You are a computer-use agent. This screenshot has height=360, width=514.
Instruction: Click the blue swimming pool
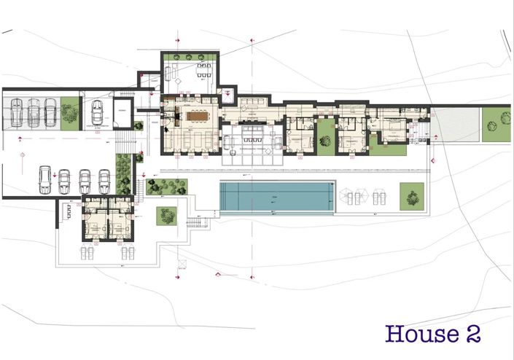(277, 197)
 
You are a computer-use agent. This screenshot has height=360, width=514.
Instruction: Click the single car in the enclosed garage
(96, 114)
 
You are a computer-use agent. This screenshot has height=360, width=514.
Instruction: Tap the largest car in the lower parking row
(45, 179)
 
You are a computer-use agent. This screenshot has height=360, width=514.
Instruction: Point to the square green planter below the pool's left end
(168, 215)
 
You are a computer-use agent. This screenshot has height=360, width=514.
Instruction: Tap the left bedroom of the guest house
(94, 225)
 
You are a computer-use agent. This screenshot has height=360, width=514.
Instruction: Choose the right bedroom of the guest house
(117, 225)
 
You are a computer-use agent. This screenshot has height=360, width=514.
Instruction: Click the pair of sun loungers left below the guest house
(85, 252)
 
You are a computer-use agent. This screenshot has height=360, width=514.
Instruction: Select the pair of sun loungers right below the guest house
(127, 252)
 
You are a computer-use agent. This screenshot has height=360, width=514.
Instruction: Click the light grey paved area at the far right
(453, 125)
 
